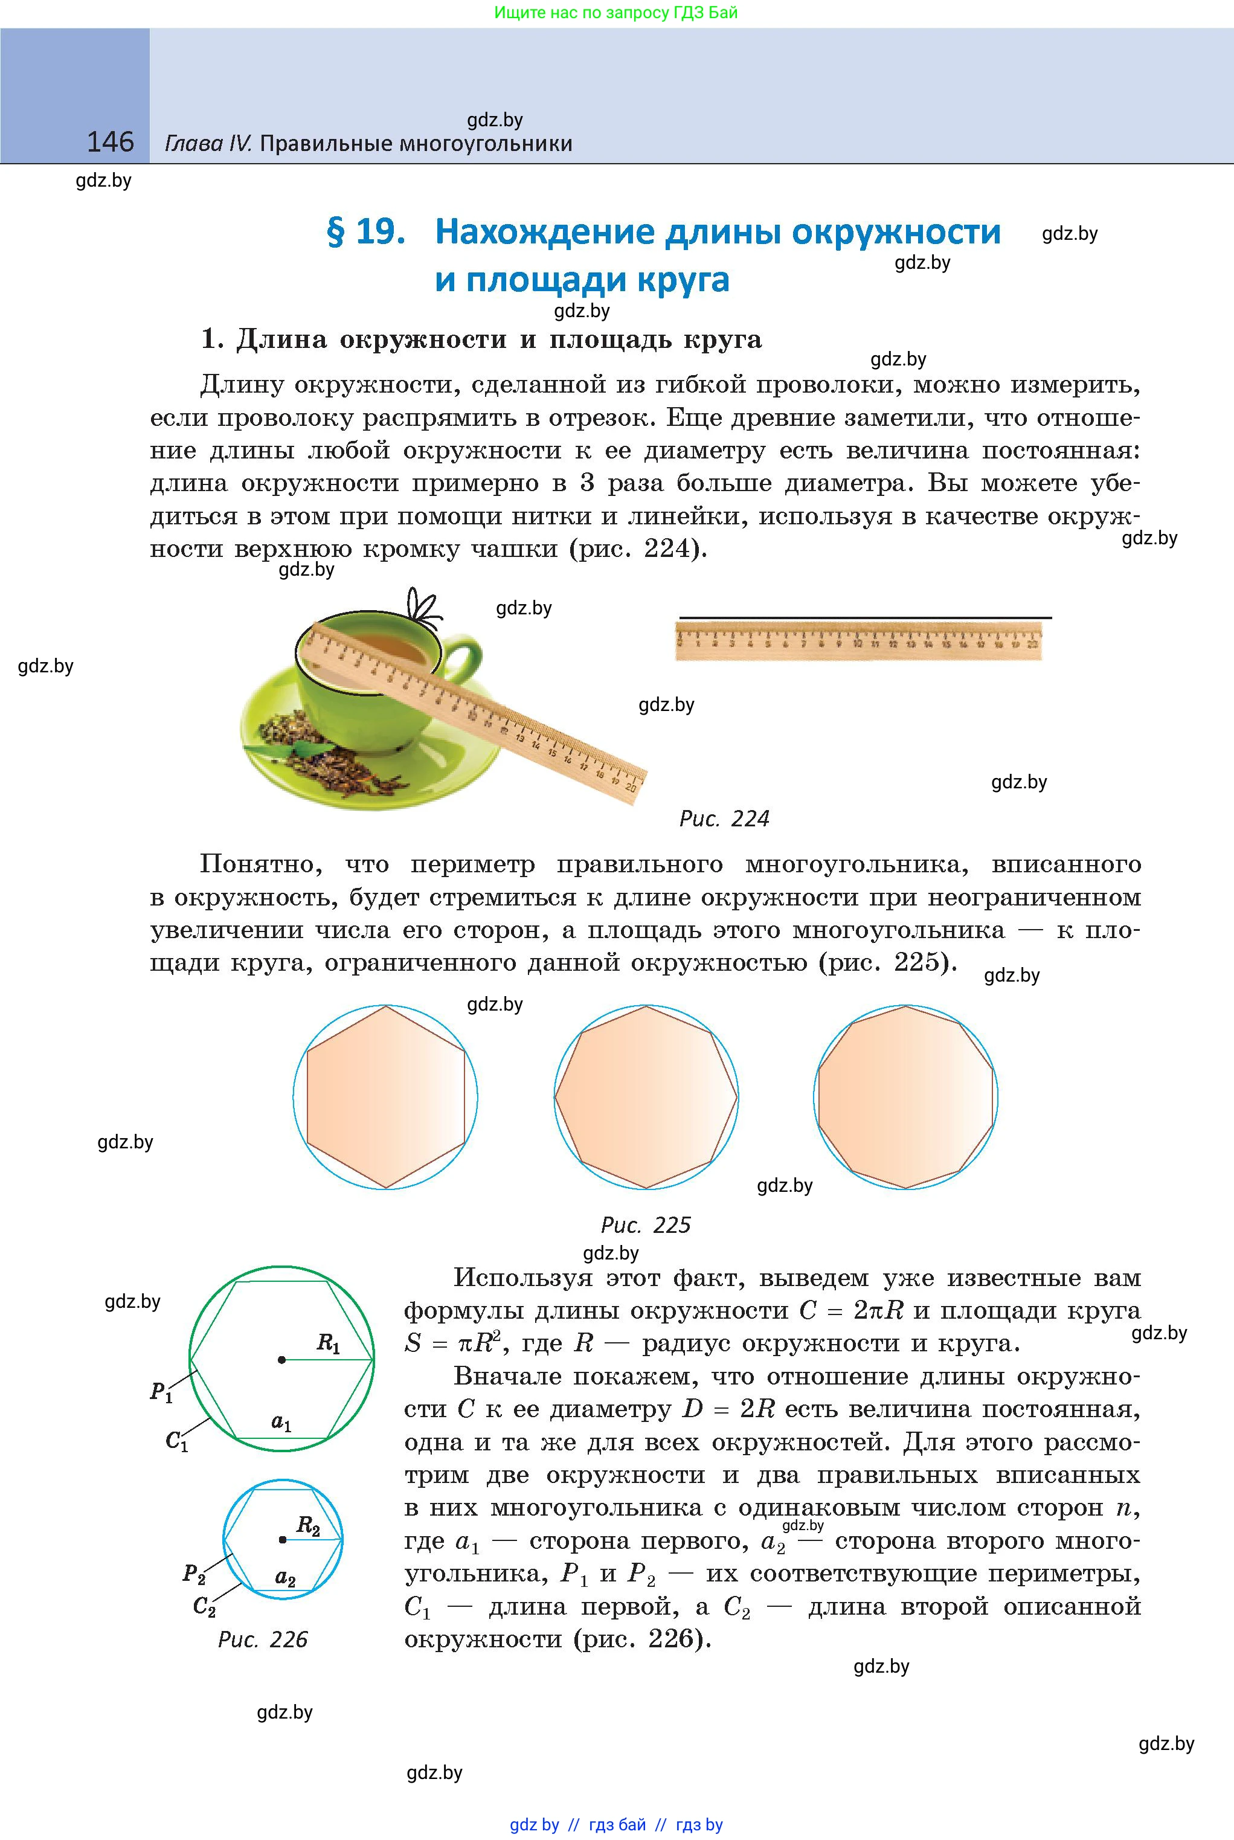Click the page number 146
(x=110, y=142)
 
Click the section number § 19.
(x=366, y=232)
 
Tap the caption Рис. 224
(x=723, y=819)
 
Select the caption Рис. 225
(x=645, y=1224)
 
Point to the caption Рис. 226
(x=263, y=1639)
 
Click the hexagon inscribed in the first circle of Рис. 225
(x=385, y=1096)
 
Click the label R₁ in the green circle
(x=328, y=1343)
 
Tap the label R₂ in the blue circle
(x=307, y=1525)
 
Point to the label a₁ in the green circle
(x=281, y=1423)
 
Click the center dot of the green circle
(x=281, y=1359)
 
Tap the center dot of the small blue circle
(x=283, y=1539)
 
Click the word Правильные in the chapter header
(x=325, y=144)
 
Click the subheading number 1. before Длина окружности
(x=213, y=339)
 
